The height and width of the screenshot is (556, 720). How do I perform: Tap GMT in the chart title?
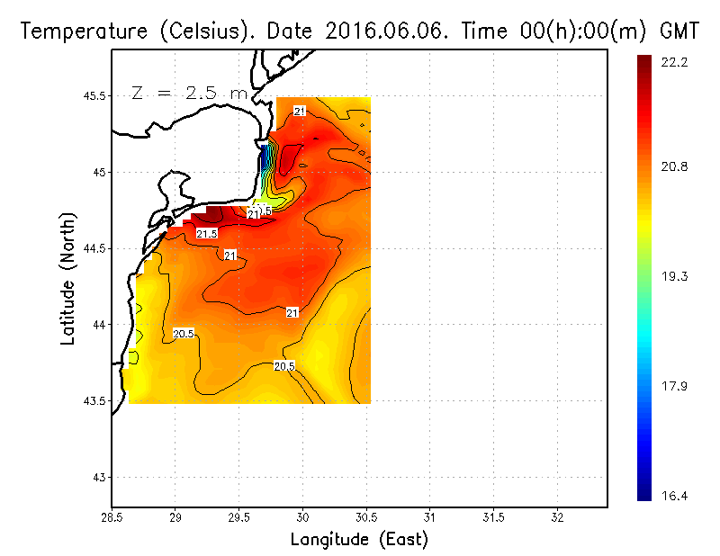pyautogui.click(x=679, y=31)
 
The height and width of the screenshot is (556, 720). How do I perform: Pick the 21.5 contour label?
pyautogui.click(x=206, y=234)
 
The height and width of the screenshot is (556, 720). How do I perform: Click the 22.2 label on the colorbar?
pyautogui.click(x=675, y=62)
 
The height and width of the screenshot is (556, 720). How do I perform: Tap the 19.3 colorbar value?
pyautogui.click(x=675, y=277)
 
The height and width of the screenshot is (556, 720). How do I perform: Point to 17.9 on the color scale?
pyautogui.click(x=675, y=387)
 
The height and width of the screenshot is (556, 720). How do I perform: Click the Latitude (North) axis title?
pyautogui.click(x=69, y=278)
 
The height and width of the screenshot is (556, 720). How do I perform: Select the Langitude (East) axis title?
pyautogui.click(x=358, y=540)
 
